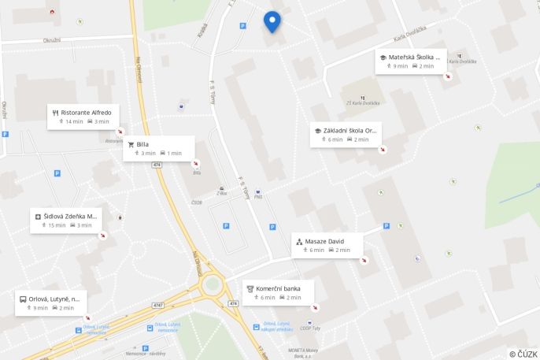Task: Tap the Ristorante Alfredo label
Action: coord(86,113)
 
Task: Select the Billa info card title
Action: coord(142,144)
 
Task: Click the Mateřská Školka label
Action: coord(414,57)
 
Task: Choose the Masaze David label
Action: coord(324,241)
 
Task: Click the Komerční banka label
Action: coord(278,288)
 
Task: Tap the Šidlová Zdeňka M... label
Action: coord(71,216)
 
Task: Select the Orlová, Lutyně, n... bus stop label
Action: coord(54,299)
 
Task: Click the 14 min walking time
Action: coord(74,121)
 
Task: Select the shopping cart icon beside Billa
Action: coord(131,144)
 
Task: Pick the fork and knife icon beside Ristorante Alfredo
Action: coord(55,113)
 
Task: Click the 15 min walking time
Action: coord(57,225)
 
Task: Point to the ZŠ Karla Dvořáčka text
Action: coord(363,102)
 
